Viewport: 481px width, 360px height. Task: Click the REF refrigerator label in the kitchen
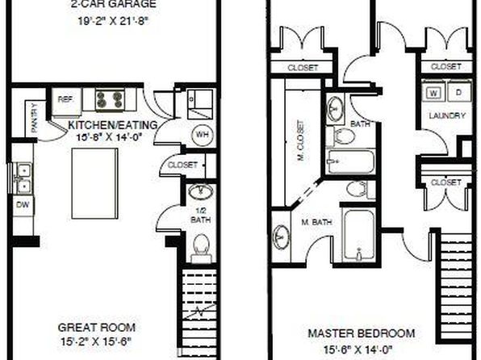point(65,99)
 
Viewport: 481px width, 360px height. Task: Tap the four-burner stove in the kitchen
point(110,100)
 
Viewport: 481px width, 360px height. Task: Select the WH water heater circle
point(202,135)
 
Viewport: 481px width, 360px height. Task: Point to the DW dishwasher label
point(23,205)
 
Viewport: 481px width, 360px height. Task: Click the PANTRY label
point(35,118)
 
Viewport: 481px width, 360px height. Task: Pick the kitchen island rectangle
point(94,183)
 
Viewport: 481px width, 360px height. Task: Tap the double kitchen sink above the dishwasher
point(23,178)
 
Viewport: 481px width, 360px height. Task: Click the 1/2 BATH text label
point(201,216)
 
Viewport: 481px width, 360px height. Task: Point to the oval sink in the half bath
point(201,192)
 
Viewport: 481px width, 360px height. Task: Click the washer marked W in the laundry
point(433,91)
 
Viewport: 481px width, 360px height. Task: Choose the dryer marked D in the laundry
point(459,91)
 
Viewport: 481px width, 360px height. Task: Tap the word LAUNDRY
point(447,115)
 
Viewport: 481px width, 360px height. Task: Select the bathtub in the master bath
point(359,235)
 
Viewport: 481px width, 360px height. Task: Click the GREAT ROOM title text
point(97,328)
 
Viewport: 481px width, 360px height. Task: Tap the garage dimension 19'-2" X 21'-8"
point(113,21)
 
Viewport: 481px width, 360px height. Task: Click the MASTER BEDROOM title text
point(362,333)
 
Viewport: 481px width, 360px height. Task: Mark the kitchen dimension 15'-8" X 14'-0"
point(110,137)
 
